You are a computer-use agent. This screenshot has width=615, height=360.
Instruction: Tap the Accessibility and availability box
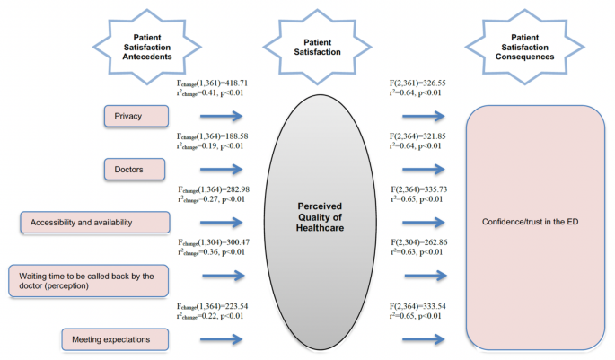(94, 222)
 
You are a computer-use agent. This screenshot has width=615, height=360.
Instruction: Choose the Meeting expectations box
(116, 338)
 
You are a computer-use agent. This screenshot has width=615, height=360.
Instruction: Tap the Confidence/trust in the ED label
(535, 222)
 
